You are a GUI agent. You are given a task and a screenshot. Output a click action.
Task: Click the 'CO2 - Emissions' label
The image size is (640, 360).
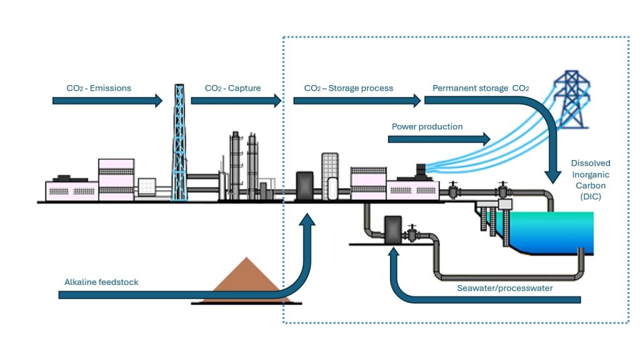click(99, 88)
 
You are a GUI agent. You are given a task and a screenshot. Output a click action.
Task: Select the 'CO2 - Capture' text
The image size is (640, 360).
click(233, 88)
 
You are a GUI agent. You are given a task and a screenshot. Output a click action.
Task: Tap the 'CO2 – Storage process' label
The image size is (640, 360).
click(349, 88)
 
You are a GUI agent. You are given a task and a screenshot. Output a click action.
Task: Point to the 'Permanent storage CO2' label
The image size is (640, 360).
click(481, 88)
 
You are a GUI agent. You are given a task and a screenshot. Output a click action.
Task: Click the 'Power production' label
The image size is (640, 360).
click(427, 127)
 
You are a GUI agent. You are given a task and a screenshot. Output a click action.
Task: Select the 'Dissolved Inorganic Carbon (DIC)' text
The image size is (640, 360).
click(591, 180)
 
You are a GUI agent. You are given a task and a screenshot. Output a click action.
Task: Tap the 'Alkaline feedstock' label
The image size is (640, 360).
click(101, 282)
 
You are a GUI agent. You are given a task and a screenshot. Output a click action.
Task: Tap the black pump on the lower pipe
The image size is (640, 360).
click(392, 229)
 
